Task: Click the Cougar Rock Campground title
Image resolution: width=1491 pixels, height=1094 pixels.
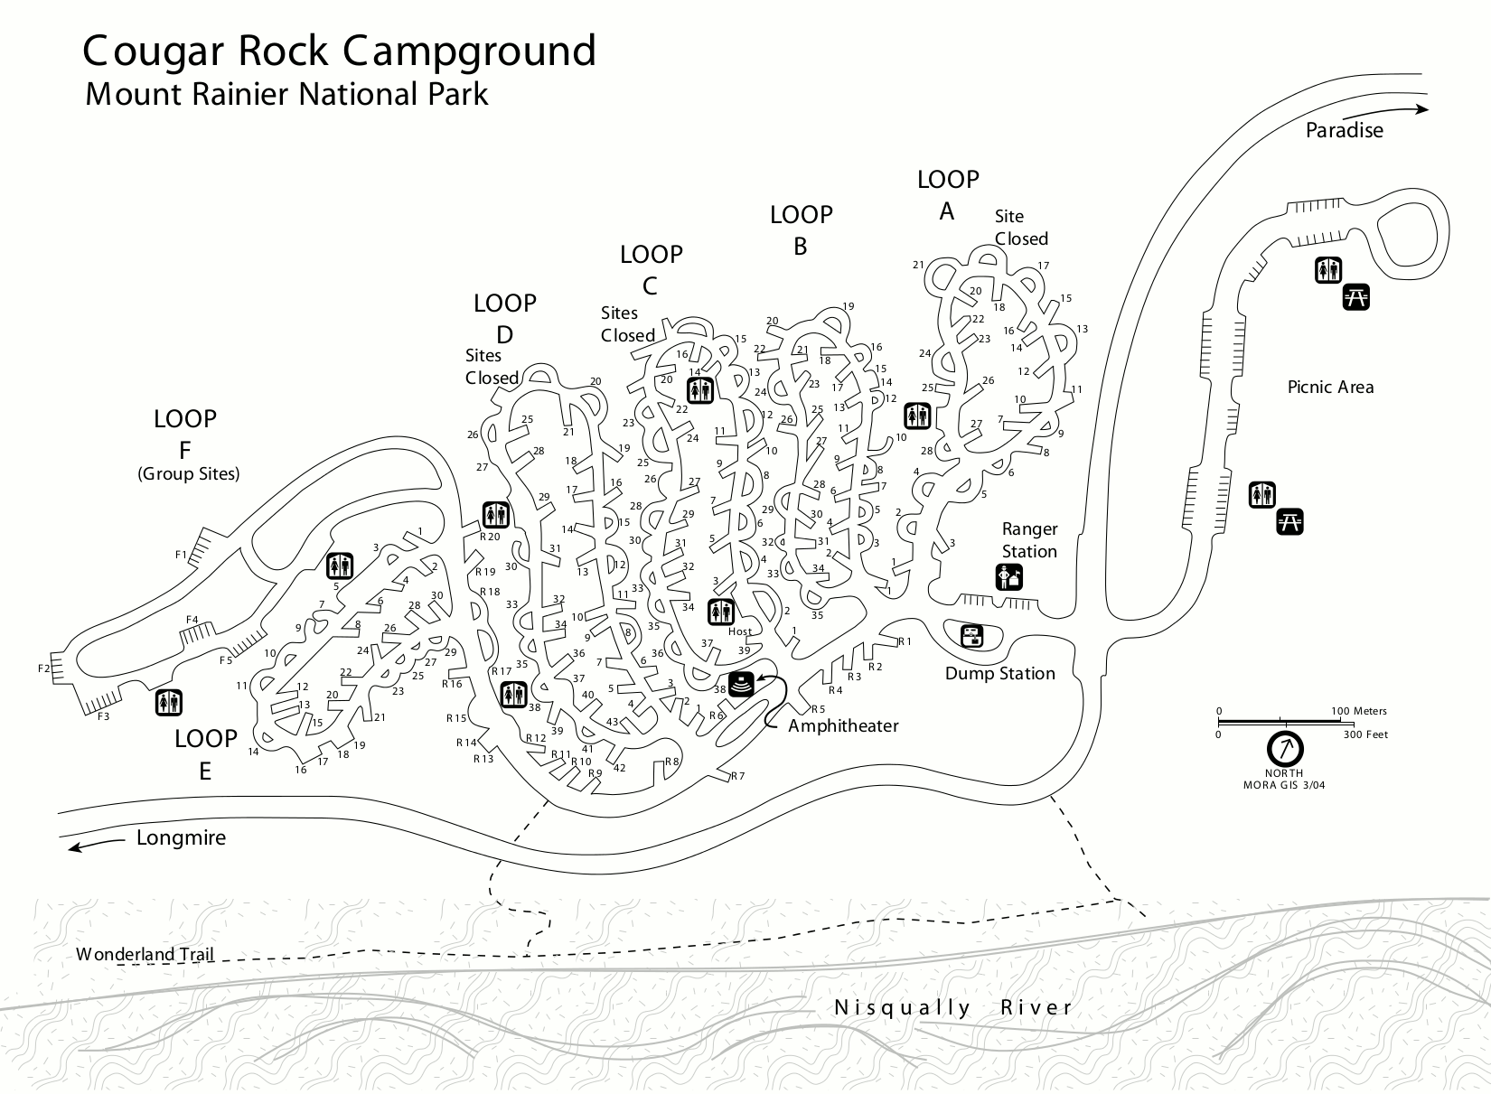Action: (339, 51)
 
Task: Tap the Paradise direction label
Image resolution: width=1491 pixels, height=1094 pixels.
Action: (1344, 130)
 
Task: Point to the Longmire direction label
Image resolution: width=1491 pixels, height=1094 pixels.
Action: (181, 837)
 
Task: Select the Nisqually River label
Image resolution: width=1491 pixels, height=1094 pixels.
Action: (953, 1007)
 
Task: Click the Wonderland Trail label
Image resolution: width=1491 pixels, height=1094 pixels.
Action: (145, 954)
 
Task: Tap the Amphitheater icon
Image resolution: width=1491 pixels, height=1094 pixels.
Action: (741, 685)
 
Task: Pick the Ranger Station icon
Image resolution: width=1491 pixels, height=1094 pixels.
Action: (1009, 576)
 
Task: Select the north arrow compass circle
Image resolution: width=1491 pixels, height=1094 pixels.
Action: (1284, 748)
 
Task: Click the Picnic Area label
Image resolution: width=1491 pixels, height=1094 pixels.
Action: (1330, 387)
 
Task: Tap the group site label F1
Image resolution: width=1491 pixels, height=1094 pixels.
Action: (181, 555)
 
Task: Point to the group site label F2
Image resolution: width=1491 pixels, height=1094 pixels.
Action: (44, 669)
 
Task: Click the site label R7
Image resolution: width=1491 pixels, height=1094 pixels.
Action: (737, 776)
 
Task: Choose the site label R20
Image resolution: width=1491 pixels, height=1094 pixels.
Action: (489, 537)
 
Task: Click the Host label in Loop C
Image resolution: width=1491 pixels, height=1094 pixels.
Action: (739, 631)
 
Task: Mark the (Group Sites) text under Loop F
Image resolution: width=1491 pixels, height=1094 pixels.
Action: (189, 473)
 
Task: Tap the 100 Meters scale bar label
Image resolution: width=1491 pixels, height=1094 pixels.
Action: (1359, 711)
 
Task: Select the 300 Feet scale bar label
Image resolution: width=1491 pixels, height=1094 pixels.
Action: (1364, 734)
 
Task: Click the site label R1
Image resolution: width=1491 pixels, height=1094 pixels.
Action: (905, 641)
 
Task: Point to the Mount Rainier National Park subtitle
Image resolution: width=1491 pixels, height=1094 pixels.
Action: (286, 94)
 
